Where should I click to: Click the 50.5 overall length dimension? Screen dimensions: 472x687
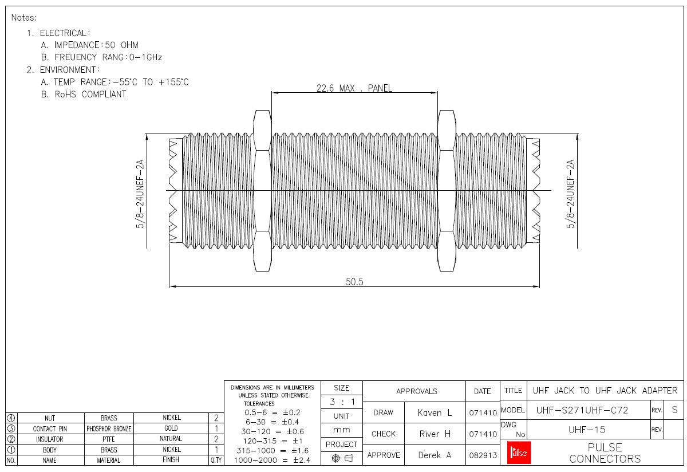[x=354, y=281]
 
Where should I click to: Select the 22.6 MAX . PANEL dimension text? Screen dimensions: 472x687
[x=354, y=88]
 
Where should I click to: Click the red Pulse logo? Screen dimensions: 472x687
[x=519, y=453]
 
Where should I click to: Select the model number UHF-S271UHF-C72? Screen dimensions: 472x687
[x=582, y=410]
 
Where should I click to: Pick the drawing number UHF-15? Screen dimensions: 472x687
[x=590, y=430]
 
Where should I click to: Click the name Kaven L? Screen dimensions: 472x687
[x=435, y=412]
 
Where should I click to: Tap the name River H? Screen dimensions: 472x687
[x=435, y=434]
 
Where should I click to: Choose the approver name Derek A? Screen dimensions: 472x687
[x=435, y=455]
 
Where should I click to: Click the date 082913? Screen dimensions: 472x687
[x=483, y=455]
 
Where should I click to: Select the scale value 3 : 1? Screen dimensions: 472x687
[x=341, y=402]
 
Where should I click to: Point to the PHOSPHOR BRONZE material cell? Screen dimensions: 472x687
[x=109, y=428]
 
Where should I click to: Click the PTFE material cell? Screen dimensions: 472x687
[x=109, y=439]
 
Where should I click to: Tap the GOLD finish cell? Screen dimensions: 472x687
[x=171, y=428]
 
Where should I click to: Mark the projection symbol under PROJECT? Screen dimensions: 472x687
[x=341, y=458]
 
